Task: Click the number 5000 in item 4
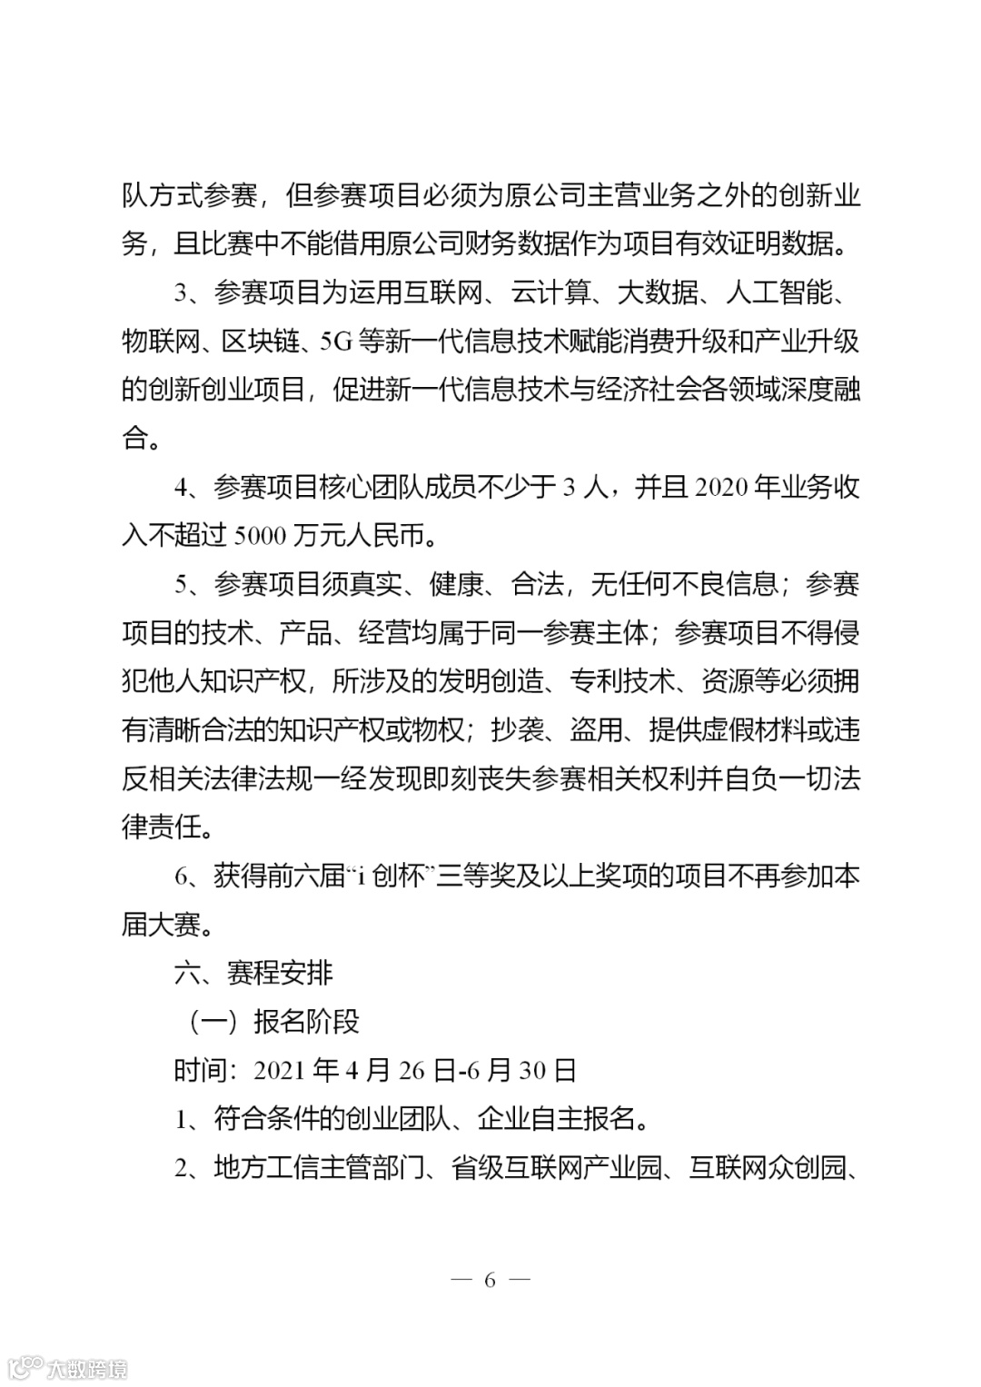coord(258,536)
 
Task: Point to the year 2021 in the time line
coord(279,1070)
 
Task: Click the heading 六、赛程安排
coord(253,973)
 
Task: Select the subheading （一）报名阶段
coord(273,1021)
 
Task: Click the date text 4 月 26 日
coord(400,1070)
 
